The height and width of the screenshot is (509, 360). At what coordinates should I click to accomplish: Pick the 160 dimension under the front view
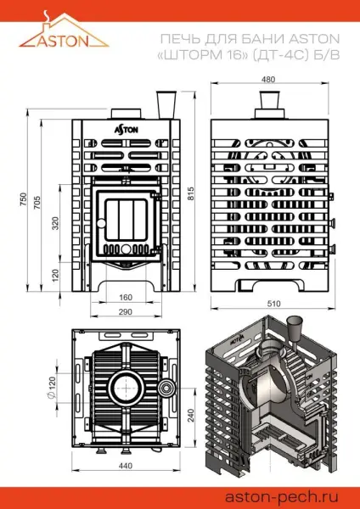[x=125, y=297]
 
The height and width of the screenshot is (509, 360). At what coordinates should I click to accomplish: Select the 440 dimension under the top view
[x=124, y=467]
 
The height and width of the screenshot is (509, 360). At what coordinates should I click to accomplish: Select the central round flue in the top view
[x=125, y=387]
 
